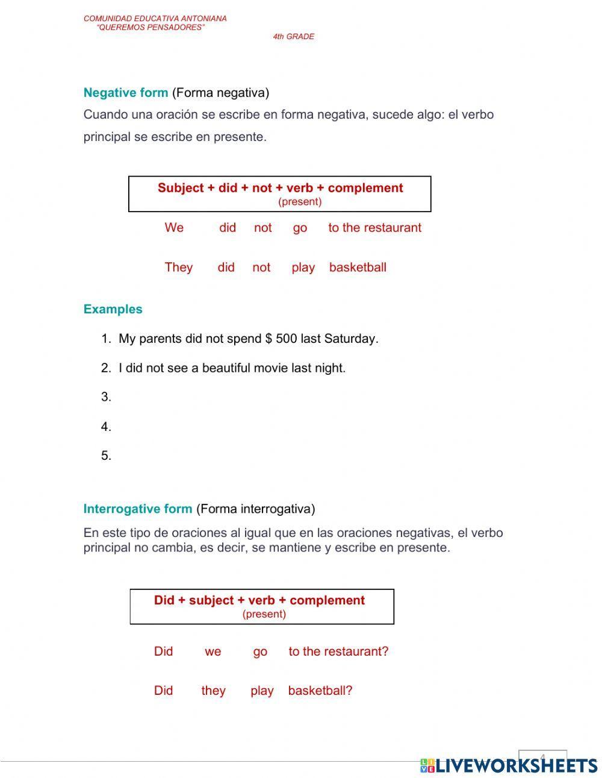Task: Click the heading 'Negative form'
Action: (x=125, y=93)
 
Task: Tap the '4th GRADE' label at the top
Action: (x=293, y=37)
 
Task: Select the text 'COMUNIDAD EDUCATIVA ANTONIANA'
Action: (x=155, y=19)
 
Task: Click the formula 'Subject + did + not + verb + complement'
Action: (x=280, y=188)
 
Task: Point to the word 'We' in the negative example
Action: (x=174, y=228)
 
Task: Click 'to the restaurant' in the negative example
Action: (x=374, y=228)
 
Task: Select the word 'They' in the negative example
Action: (x=178, y=268)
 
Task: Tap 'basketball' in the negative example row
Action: (x=358, y=268)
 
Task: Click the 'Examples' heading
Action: (x=113, y=309)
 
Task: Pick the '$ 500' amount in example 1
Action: (x=281, y=339)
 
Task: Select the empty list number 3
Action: (x=106, y=397)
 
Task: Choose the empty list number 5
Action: (x=106, y=456)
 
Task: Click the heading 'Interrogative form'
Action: (x=137, y=509)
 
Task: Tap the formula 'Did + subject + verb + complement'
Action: (x=259, y=600)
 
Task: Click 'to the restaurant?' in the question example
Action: (x=338, y=651)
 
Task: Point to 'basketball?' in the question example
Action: (x=320, y=691)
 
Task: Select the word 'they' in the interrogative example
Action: (x=213, y=691)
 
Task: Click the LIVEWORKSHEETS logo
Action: (x=509, y=765)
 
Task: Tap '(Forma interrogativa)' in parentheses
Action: (x=255, y=509)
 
